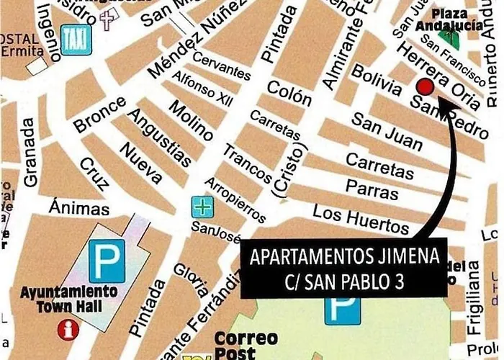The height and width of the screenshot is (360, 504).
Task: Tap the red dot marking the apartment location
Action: (426, 87)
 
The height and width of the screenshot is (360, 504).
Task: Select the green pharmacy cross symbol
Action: (202, 207)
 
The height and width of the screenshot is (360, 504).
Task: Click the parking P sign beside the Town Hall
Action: (107, 261)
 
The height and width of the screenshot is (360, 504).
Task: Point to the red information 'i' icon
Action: (69, 330)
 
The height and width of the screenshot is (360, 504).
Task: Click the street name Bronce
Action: (99, 114)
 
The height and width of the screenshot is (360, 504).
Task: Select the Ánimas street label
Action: (80, 209)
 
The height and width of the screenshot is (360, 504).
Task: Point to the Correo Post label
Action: (236, 345)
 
